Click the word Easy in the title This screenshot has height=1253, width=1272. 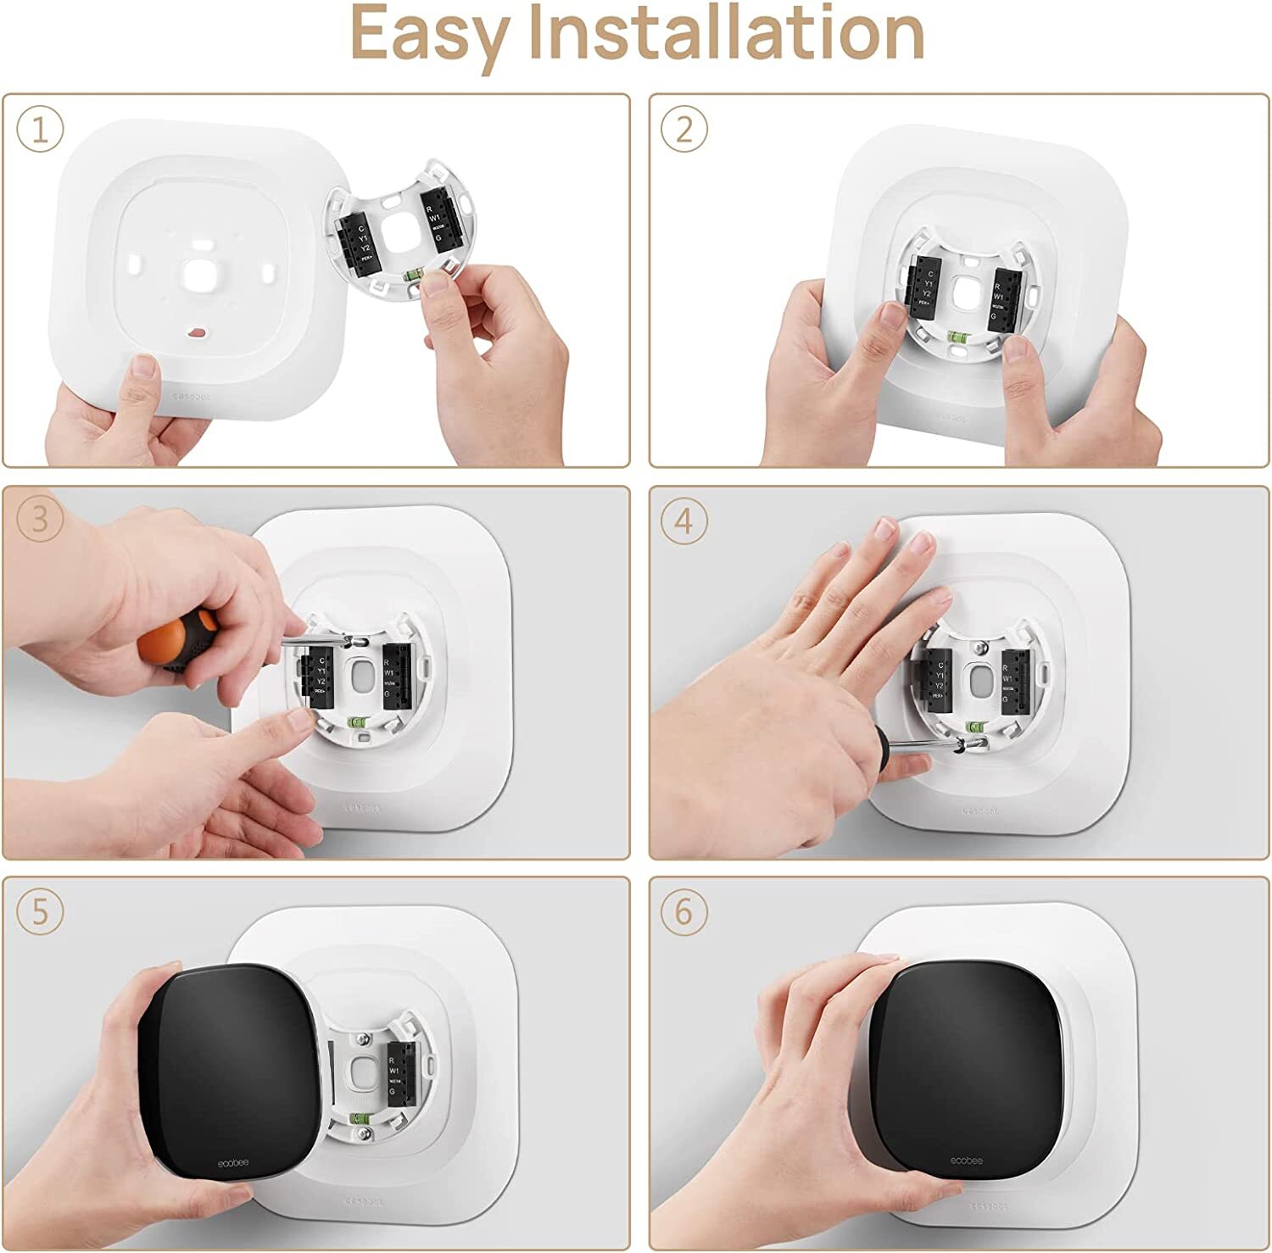point(429,34)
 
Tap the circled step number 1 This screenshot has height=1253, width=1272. point(40,130)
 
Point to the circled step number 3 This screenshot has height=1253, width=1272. point(40,520)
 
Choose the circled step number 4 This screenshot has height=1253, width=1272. point(683,521)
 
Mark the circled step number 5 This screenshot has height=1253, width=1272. point(40,911)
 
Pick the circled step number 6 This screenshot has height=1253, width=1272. point(683,912)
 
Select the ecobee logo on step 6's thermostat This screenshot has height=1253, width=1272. point(966,1160)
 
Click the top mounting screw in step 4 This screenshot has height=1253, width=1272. point(981,648)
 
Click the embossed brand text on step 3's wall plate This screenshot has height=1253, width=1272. point(364,807)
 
